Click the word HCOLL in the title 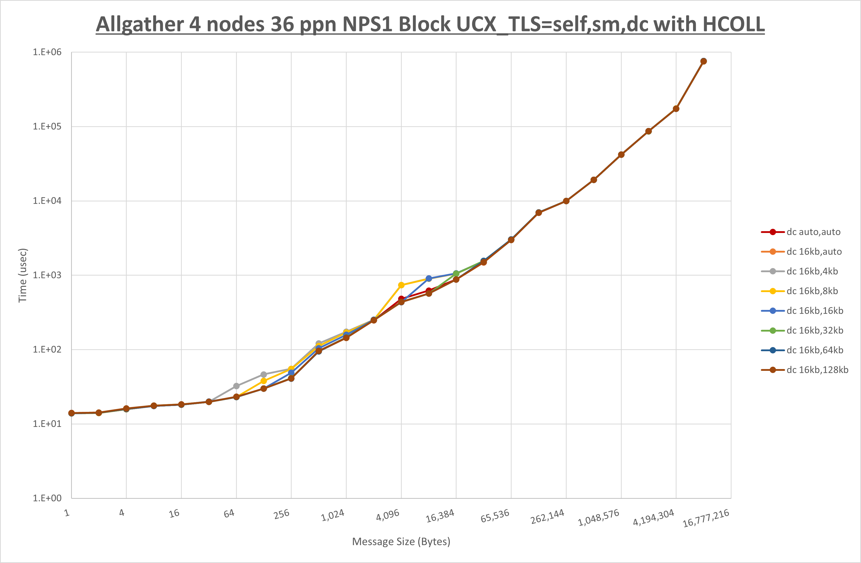pyautogui.click(x=733, y=25)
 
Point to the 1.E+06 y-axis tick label pyautogui.click(x=47, y=52)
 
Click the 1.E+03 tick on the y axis pyautogui.click(x=47, y=275)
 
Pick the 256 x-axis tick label pyautogui.click(x=281, y=514)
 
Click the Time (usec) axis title pyautogui.click(x=23, y=275)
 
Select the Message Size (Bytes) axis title pyautogui.click(x=401, y=542)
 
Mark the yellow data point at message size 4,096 pyautogui.click(x=401, y=285)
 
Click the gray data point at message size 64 pyautogui.click(x=236, y=386)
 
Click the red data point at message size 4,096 pyautogui.click(x=401, y=299)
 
